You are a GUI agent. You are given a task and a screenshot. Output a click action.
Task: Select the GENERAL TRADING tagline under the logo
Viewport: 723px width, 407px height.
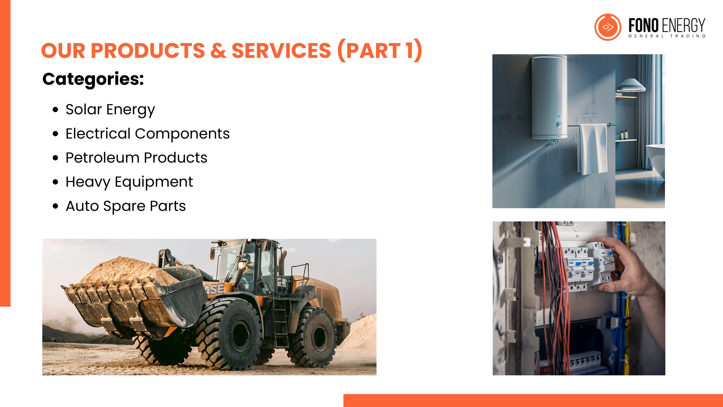point(667,36)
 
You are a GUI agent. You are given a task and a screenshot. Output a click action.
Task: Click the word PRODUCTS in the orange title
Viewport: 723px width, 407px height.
point(148,51)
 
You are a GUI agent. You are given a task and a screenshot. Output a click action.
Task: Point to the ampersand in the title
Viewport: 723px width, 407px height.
point(218,51)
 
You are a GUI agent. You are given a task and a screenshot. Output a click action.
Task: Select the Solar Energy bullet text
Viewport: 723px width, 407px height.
point(110,110)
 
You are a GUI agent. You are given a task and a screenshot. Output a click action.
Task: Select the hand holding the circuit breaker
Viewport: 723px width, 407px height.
point(630,267)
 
